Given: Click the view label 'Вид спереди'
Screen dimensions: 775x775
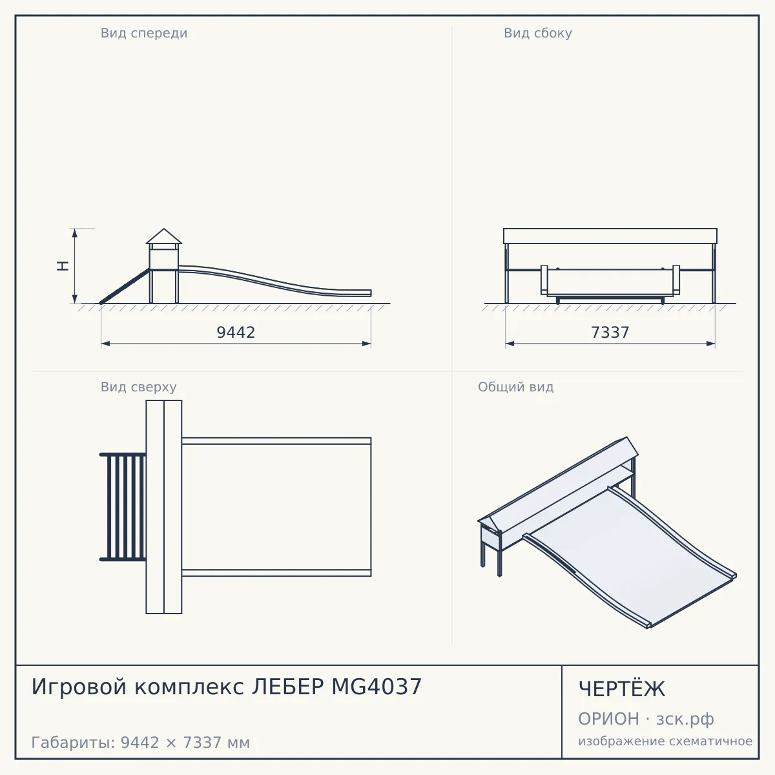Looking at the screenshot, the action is point(144,33).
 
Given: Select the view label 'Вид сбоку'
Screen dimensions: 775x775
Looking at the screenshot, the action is point(538,33).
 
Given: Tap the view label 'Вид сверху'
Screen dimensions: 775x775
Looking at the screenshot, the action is point(138,387).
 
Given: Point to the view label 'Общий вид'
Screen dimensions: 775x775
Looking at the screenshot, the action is point(515,387).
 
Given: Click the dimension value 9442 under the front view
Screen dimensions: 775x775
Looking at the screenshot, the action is point(236,332).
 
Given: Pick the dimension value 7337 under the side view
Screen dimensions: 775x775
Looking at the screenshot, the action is point(610,332).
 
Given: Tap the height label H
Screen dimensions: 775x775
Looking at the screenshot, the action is point(63,266).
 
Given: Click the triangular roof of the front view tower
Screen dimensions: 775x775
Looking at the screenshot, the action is point(163,236).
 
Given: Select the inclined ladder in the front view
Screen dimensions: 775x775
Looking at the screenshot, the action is point(125,286).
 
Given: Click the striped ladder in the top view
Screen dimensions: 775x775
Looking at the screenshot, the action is point(123,507).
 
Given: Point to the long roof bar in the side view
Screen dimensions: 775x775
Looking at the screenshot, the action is point(610,236).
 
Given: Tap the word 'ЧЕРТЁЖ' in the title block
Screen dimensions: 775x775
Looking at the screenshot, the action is point(621,689).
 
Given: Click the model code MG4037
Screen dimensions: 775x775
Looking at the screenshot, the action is point(377,687).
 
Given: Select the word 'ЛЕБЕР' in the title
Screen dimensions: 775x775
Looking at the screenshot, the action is point(287,687).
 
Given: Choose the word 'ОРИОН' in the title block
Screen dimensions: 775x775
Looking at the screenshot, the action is point(608,719).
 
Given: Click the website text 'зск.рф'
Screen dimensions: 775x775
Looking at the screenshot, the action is point(685,719).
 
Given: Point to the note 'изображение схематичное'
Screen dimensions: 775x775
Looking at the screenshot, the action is point(665,741).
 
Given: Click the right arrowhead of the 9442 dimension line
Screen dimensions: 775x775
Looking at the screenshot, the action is point(366,344).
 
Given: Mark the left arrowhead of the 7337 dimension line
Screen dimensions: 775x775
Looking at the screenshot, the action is point(510,344).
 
